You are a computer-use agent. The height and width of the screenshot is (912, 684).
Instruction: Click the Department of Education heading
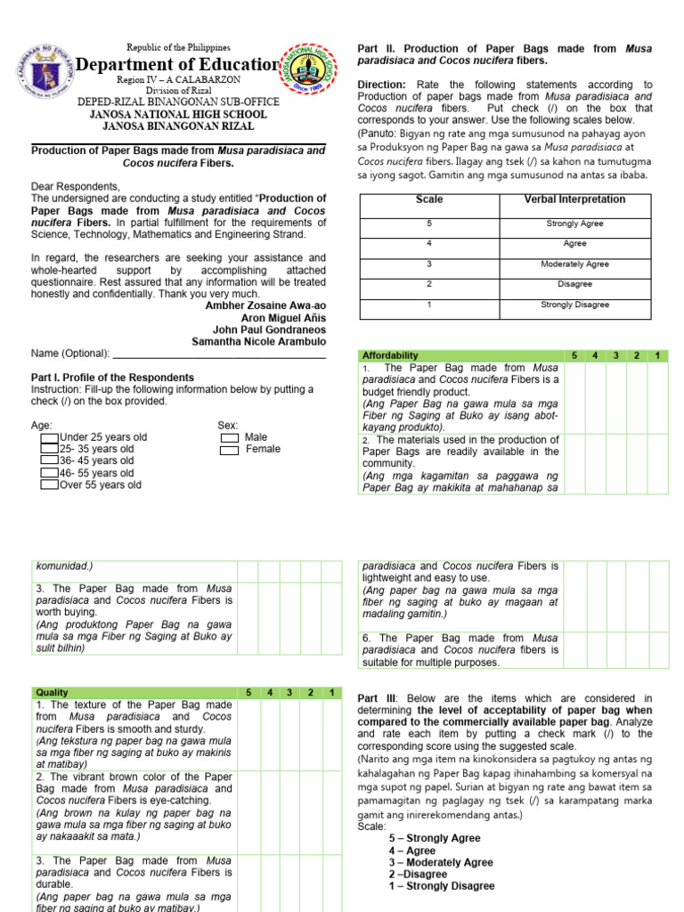click(178, 65)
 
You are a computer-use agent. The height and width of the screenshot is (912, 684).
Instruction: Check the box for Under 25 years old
click(49, 437)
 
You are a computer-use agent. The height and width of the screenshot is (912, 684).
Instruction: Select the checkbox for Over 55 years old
click(49, 485)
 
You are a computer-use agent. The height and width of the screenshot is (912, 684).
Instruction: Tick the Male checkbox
click(229, 437)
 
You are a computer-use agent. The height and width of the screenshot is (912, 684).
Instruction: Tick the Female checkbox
click(229, 450)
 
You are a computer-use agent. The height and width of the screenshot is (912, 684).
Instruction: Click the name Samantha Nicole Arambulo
click(258, 342)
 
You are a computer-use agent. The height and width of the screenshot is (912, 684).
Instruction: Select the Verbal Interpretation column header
click(574, 199)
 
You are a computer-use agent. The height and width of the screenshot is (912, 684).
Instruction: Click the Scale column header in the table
click(429, 199)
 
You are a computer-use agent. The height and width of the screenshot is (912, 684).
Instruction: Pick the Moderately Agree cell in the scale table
click(574, 265)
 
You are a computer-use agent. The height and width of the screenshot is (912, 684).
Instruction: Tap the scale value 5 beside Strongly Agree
click(429, 224)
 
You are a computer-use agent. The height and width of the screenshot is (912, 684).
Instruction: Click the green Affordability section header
click(390, 355)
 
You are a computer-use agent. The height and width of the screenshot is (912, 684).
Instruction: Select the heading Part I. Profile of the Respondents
click(112, 378)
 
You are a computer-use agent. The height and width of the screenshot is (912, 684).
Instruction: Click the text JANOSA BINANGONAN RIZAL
click(178, 126)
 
